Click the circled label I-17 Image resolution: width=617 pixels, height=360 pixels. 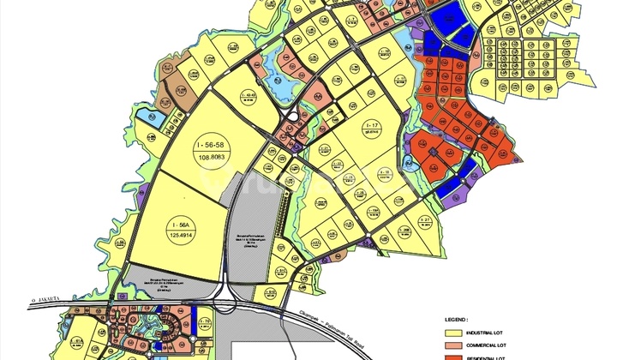371,125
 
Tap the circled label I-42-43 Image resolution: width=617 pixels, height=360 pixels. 249,95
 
